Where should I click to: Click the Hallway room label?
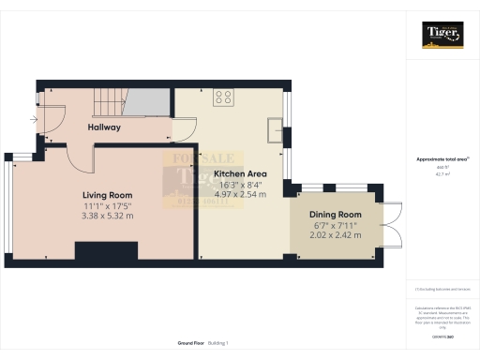(105, 127)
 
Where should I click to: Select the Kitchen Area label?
(241, 174)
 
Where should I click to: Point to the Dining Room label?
(336, 215)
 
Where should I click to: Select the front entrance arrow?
(35, 120)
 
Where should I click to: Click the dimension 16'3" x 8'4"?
(241, 185)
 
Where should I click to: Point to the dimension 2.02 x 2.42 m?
(336, 235)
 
